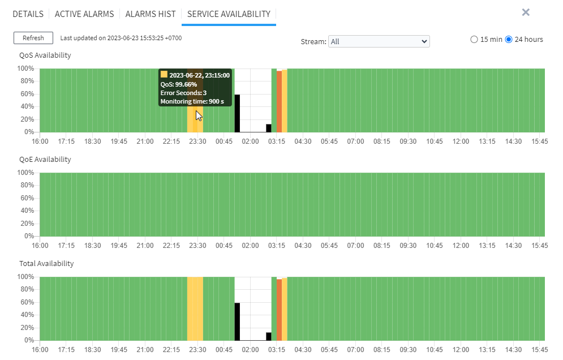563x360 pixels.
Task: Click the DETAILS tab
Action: pos(28,14)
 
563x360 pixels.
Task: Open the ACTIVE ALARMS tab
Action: pos(84,14)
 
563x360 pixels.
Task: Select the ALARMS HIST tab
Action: pos(151,14)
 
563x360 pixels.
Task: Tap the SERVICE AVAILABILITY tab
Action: pos(229,14)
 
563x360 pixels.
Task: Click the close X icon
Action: pos(526,12)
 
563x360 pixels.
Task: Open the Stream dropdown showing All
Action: pos(379,41)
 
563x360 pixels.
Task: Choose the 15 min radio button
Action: pos(474,40)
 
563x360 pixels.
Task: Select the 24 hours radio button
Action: pos(509,40)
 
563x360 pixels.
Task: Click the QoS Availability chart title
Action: pos(45,55)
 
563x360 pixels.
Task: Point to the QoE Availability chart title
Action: pos(45,159)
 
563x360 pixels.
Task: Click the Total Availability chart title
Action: pos(47,263)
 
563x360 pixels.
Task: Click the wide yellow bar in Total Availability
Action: pos(195,308)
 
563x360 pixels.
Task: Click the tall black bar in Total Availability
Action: pos(237,322)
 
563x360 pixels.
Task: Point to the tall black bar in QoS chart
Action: pos(237,113)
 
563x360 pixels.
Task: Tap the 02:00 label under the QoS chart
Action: pos(250,142)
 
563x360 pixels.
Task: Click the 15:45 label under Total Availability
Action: pos(539,350)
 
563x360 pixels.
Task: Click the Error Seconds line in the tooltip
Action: pos(183,93)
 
